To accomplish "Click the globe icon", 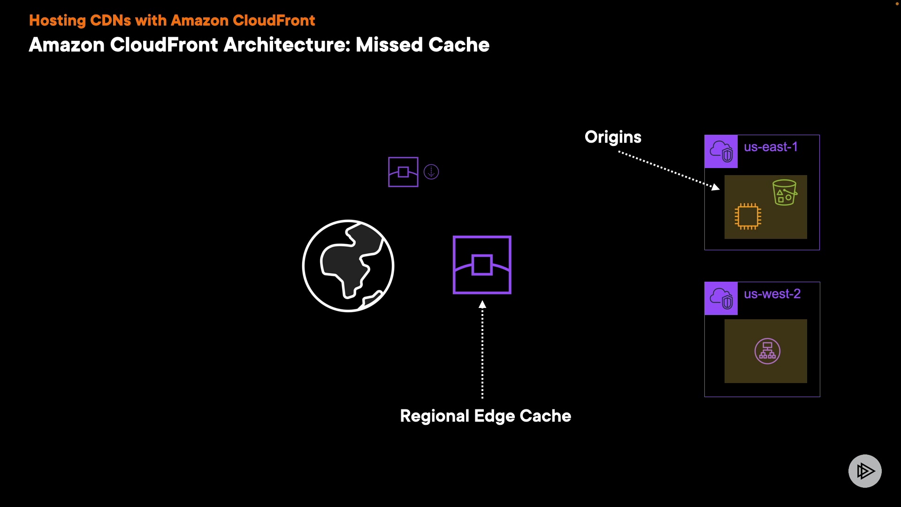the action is point(348,266).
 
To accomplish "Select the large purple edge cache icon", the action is point(482,265).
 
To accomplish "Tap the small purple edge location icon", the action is point(403,172).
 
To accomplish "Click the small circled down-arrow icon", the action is point(431,172).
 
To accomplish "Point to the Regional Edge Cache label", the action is point(486,416).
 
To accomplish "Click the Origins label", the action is point(613,137).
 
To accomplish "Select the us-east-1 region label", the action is point(771,147).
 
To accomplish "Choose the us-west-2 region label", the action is point(772,294).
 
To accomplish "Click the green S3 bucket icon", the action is point(785,192).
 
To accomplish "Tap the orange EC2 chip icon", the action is point(748,216).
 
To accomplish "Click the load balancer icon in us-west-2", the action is point(767,351).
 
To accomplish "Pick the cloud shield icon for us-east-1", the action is point(721,151).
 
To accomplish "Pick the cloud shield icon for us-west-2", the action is point(721,298).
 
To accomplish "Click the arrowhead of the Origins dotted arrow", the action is point(715,187).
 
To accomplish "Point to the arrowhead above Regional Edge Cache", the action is point(482,304).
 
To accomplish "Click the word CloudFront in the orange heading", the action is point(274,20).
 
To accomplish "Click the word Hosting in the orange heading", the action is point(57,21).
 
